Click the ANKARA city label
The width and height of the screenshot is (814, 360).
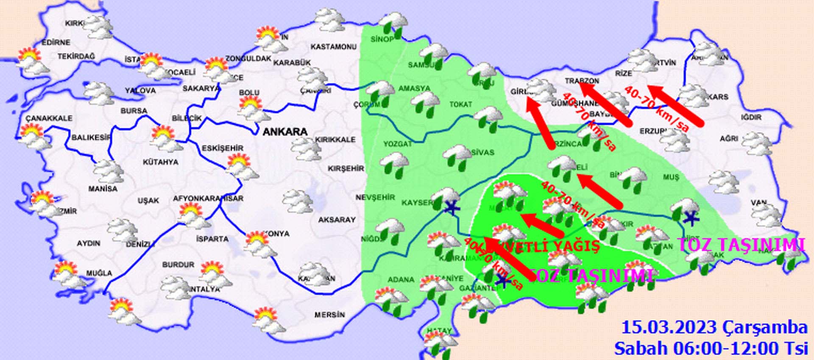(285, 132)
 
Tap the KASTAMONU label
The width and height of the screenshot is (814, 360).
(333, 47)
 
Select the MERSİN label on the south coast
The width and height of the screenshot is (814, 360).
(329, 315)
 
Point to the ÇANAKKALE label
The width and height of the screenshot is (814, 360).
(49, 118)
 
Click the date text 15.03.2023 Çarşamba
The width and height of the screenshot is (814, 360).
(714, 328)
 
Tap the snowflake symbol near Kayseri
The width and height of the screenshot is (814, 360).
(452, 208)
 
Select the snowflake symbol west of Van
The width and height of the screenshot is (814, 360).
(691, 218)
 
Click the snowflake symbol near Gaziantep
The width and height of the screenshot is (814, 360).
(502, 279)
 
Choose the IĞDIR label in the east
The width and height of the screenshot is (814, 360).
(751, 117)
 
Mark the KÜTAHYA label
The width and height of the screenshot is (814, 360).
(160, 162)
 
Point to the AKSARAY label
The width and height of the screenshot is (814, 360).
(337, 220)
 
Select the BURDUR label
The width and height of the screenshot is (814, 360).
(178, 265)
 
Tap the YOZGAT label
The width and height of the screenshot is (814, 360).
(397, 144)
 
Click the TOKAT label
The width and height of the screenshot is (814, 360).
(460, 104)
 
